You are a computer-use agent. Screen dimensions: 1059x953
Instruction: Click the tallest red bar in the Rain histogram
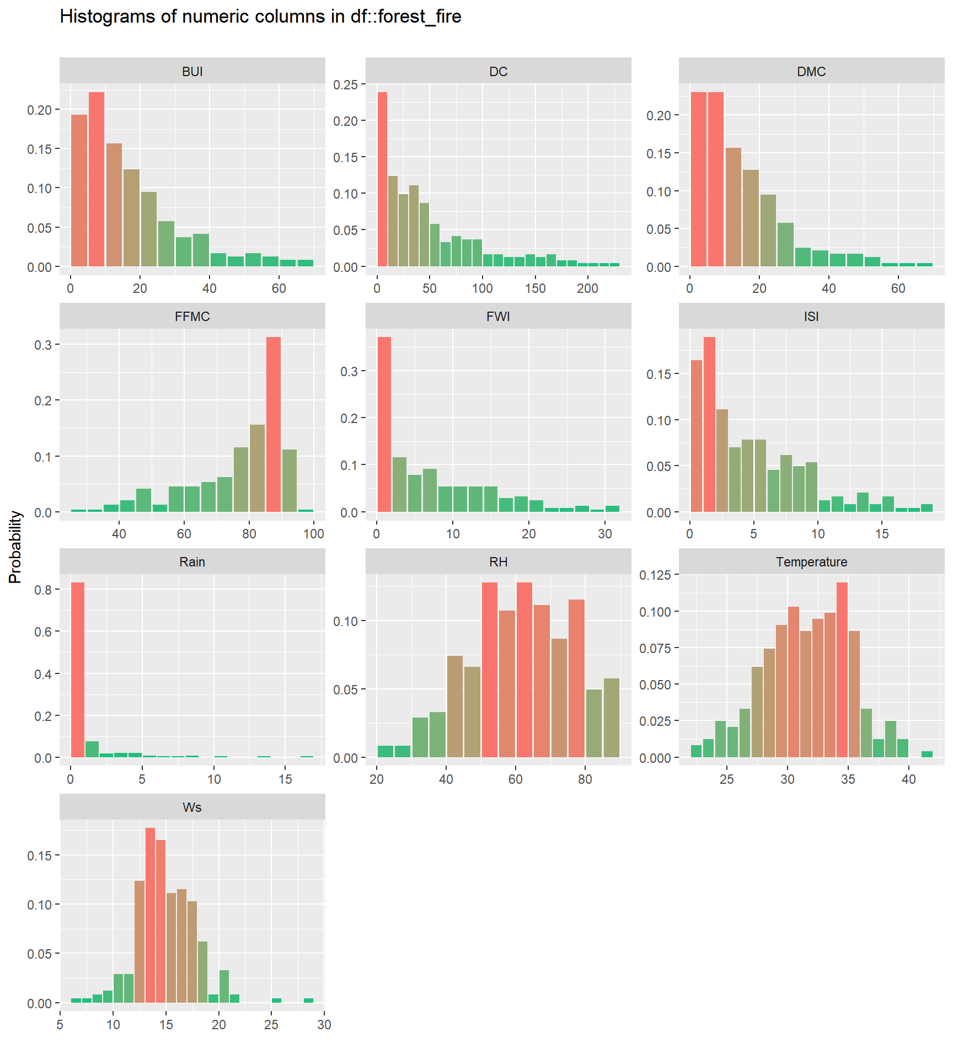pos(78,670)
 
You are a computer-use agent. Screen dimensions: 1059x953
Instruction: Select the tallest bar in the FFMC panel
pos(274,424)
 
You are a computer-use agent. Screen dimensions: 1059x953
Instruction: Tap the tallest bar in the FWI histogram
pos(384,424)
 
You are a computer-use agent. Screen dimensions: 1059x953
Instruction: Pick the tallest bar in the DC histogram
pos(382,179)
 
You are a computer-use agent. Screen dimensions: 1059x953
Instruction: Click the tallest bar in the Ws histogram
pos(150,915)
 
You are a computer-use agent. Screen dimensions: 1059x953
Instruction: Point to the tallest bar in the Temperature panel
pos(842,670)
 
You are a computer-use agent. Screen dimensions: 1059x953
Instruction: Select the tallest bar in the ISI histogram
pos(709,424)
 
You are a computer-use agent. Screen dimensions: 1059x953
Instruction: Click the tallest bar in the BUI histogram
pos(97,179)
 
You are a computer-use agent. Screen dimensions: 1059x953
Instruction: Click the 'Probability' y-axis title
pos(15,547)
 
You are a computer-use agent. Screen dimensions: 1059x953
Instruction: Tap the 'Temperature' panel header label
pos(811,562)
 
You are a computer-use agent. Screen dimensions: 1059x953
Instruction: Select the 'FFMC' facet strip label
pos(192,317)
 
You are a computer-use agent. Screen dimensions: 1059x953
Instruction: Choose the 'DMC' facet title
pos(811,72)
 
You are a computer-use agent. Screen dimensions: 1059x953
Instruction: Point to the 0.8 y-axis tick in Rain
pos(43,590)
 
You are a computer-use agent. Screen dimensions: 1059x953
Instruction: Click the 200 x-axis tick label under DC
pos(587,288)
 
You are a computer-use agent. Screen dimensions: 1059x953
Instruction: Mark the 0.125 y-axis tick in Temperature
pos(655,575)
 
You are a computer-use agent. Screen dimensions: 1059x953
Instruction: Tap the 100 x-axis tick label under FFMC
pos(314,534)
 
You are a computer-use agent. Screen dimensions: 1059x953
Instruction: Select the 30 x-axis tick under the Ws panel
pos(324,1025)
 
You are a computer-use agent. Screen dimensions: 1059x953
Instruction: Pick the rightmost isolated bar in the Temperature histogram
pos(927,754)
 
